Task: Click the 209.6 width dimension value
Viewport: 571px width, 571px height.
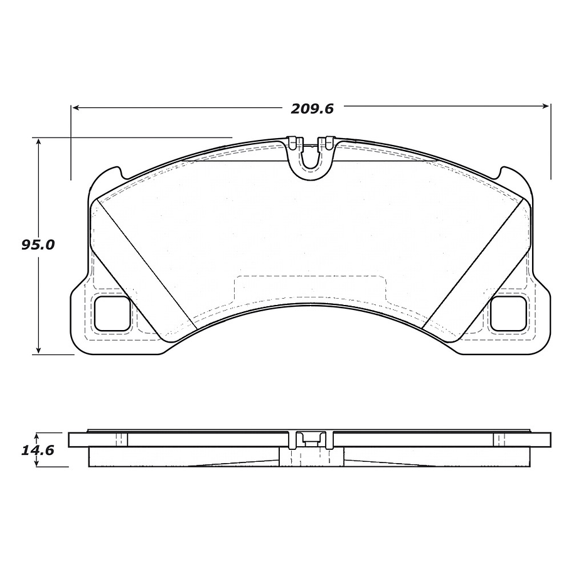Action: [x=311, y=108]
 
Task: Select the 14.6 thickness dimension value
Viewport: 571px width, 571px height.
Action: [x=38, y=450]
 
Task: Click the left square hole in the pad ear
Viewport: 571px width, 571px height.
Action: [x=112, y=312]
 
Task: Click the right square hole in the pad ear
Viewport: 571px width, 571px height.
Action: [x=508, y=312]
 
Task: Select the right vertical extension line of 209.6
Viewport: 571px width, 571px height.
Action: [x=550, y=141]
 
